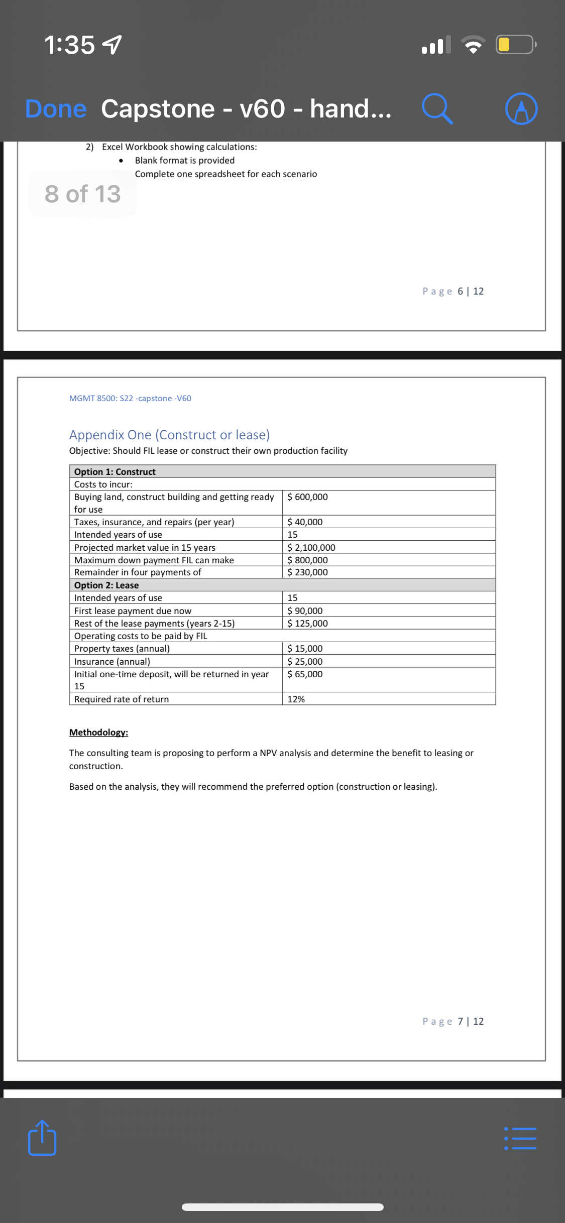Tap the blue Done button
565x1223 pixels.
[56, 109]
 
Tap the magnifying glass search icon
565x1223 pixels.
[437, 109]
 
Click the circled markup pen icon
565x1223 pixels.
[521, 109]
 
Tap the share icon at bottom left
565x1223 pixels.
[42, 1138]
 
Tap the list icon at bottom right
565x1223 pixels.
[520, 1139]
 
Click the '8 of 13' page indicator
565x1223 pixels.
[83, 194]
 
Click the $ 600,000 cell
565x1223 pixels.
[307, 497]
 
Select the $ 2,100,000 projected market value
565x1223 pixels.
[311, 548]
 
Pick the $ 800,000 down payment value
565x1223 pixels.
[307, 560]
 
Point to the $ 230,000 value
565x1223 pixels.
[307, 572]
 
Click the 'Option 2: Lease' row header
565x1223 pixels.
[106, 585]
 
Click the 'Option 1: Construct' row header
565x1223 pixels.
[115, 472]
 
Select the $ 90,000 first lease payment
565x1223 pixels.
[305, 611]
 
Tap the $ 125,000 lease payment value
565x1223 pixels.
[307, 624]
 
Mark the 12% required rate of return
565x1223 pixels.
[296, 699]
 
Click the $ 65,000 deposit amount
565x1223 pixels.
[305, 674]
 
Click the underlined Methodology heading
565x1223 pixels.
[98, 732]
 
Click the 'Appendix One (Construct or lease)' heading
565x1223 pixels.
[169, 435]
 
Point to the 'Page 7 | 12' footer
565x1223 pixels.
[453, 1022]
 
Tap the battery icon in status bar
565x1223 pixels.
[515, 45]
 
